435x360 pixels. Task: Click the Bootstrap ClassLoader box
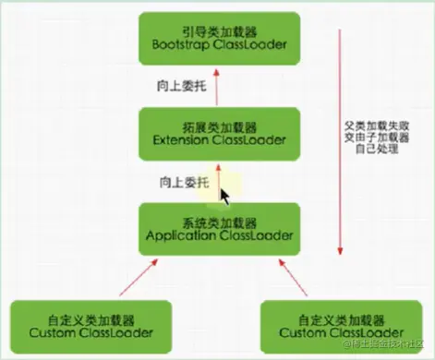tap(218, 36)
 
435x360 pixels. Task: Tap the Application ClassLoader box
tap(218, 229)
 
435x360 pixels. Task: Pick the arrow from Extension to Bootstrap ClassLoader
tap(219, 84)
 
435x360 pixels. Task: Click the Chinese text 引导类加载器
tap(218, 28)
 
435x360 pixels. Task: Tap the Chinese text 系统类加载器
tap(218, 221)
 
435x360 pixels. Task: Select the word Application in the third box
tap(178, 237)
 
